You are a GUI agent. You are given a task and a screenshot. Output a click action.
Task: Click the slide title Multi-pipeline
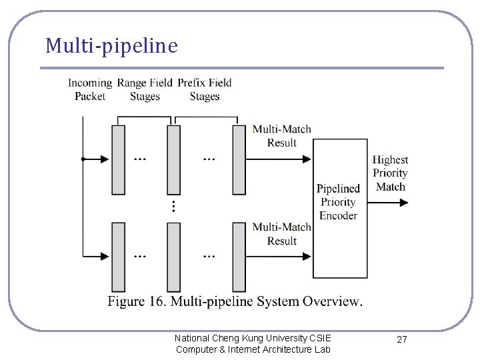pos(111,46)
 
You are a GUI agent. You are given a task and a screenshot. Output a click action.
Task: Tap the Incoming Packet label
pos(89,89)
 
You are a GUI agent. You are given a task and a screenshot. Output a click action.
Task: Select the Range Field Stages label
pos(144,89)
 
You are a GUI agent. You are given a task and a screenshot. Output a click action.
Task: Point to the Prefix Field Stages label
pos(204,89)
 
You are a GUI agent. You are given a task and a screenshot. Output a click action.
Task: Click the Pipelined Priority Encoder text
pos(338,202)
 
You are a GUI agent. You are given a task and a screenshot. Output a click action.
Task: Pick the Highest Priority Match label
pos(390,173)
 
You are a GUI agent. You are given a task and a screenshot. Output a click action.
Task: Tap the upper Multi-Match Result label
pos(281,135)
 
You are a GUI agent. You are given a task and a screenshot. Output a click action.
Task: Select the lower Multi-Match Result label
pos(281,233)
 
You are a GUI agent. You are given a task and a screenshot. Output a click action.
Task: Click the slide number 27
pos(401,340)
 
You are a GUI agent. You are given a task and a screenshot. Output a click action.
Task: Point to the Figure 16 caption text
pos(235,301)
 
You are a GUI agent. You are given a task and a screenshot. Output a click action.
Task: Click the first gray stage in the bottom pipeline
pos(118,257)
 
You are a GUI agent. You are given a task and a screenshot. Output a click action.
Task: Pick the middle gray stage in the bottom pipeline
pos(173,257)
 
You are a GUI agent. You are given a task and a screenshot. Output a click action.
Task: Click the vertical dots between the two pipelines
pos(173,206)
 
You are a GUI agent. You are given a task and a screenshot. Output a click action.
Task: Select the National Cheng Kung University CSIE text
pos(252,338)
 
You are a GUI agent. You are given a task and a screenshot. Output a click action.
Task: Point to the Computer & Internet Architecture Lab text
pos(253,349)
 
